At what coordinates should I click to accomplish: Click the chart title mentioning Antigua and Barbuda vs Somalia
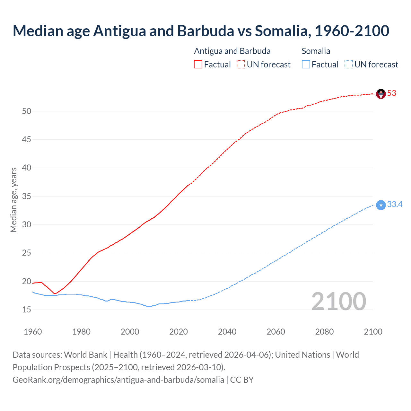click(201, 31)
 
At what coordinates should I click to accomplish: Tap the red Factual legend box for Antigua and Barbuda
click(198, 65)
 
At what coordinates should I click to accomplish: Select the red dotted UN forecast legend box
click(241, 65)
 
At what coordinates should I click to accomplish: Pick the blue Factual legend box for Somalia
click(306, 65)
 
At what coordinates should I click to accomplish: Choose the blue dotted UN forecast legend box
click(348, 65)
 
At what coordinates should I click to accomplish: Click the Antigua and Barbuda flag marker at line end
click(381, 94)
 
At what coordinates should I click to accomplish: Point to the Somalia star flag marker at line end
click(381, 205)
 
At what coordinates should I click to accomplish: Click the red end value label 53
click(392, 93)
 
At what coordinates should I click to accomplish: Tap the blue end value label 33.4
click(395, 205)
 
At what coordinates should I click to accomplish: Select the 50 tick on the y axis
click(27, 111)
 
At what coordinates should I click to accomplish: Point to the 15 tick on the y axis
click(27, 310)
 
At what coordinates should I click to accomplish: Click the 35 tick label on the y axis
click(27, 196)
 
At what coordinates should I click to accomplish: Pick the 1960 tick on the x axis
click(33, 332)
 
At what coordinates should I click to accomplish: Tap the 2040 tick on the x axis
click(227, 332)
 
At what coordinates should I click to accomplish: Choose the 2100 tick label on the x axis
click(373, 332)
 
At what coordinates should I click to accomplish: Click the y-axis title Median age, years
click(13, 200)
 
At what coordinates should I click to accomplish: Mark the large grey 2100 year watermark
click(338, 302)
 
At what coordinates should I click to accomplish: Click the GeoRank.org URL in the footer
click(118, 380)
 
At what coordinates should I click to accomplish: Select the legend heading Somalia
click(316, 51)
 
